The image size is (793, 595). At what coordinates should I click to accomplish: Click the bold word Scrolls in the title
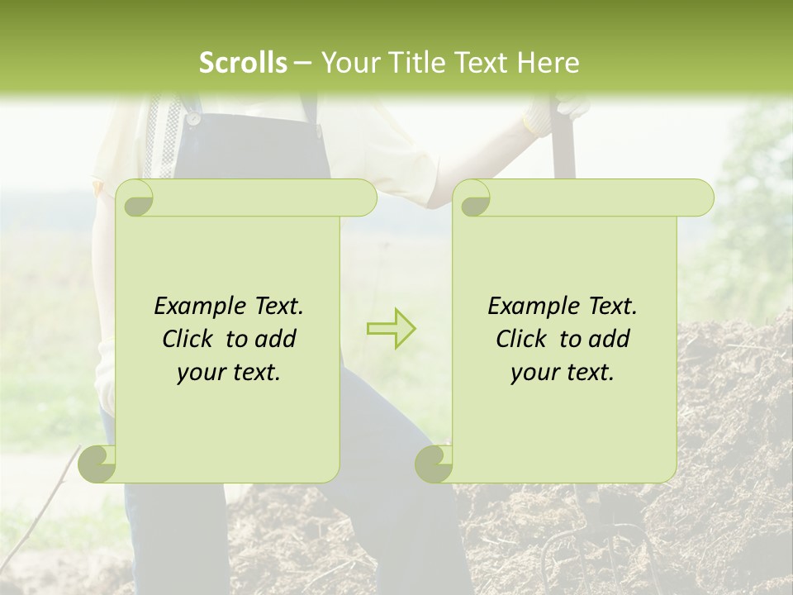coord(243,63)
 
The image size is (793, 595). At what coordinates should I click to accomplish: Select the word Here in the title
coord(547,63)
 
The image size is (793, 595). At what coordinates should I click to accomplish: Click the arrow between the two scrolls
coord(392,328)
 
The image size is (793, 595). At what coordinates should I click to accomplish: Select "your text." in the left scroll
coord(229,373)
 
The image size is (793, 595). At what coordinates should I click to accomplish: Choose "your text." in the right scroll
coord(563,373)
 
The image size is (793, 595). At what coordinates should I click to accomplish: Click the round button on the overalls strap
coord(193,119)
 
